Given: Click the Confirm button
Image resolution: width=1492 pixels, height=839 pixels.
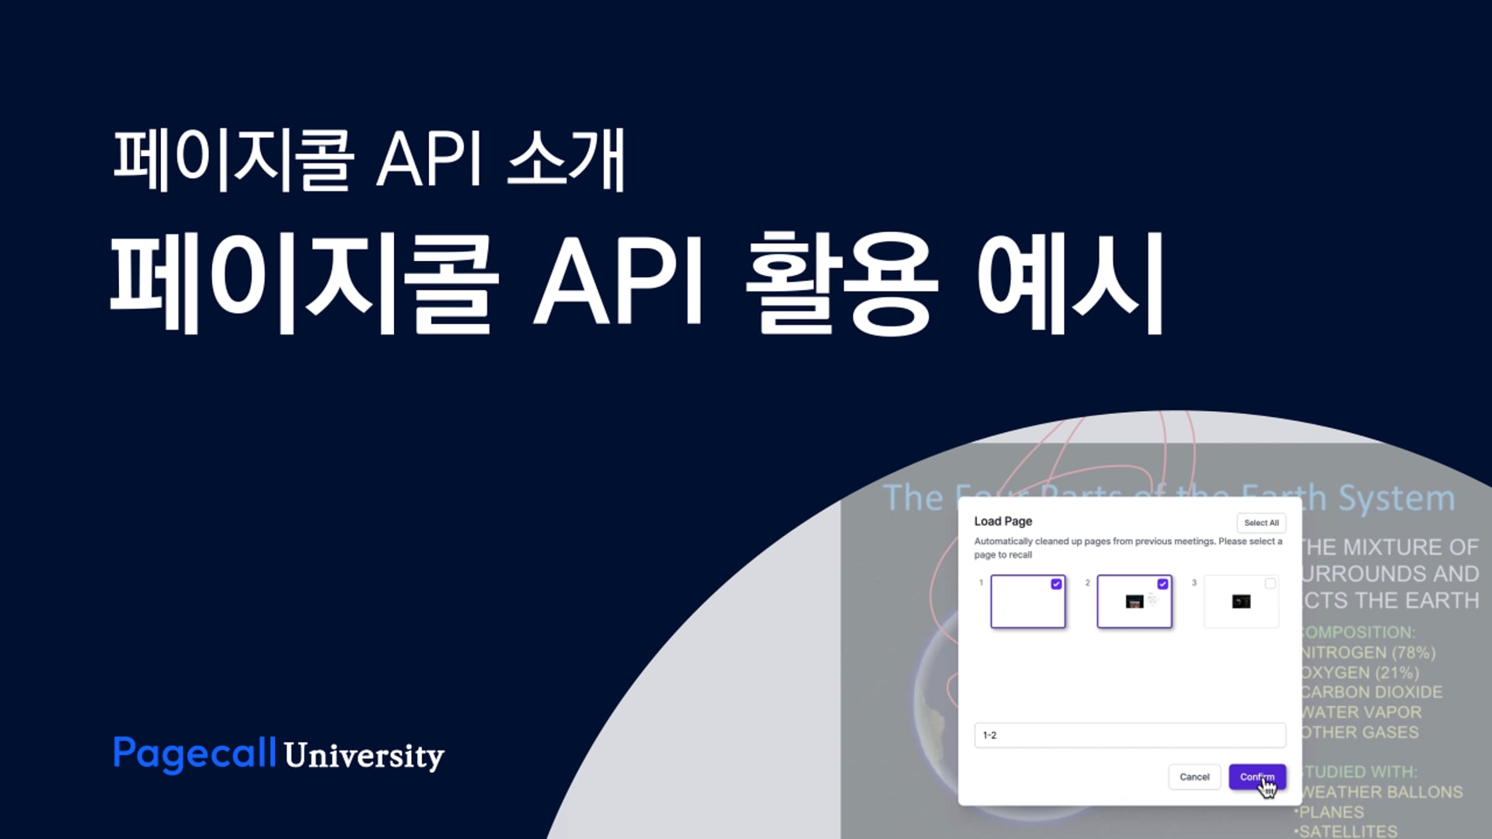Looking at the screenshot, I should point(1257,777).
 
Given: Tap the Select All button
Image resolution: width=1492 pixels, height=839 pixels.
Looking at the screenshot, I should point(1260,523).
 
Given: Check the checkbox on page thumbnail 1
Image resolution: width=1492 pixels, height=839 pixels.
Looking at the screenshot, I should point(1056,584).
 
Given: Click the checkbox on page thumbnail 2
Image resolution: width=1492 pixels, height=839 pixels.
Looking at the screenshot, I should point(1163,584).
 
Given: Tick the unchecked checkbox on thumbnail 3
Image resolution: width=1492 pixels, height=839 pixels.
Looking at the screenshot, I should point(1270,583).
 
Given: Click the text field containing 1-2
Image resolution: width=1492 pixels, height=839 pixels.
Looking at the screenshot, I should point(1129,735).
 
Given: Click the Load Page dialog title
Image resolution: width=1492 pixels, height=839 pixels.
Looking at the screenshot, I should point(1002,521).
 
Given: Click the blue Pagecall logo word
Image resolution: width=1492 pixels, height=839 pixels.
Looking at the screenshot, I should point(194,754).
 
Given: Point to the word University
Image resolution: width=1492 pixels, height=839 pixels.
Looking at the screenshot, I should point(364,756).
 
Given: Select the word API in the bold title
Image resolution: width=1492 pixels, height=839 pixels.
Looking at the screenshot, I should point(619,281).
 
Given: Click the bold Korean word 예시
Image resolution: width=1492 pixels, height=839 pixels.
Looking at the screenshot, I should point(1069,283).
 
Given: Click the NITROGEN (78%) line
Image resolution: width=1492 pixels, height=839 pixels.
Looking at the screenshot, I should point(1368,653).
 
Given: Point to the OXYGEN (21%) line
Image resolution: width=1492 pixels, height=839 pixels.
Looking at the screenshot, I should point(1360,673).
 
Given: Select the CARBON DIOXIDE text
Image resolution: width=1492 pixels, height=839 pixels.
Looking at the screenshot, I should point(1372,692).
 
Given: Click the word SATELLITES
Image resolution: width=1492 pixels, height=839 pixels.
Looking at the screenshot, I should point(1347,830).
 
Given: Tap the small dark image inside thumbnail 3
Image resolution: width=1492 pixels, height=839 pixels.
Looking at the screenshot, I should point(1241,601).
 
